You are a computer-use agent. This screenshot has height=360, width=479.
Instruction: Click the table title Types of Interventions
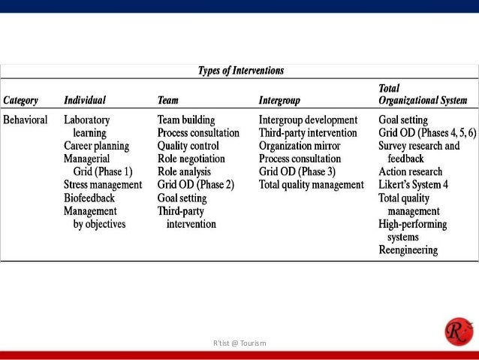pyautogui.click(x=240, y=71)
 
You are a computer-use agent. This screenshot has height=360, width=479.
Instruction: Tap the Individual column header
pyautogui.click(x=84, y=100)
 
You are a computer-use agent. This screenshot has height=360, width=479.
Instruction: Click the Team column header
pyautogui.click(x=167, y=100)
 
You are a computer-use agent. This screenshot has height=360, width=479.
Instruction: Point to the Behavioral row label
pyautogui.click(x=26, y=119)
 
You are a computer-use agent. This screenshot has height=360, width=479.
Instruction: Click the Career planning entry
pyautogui.click(x=96, y=146)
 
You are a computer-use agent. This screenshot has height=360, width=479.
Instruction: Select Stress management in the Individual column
pyautogui.click(x=102, y=185)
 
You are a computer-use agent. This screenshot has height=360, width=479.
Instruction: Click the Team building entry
pyautogui.click(x=186, y=119)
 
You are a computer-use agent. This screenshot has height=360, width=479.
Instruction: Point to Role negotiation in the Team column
pyautogui.click(x=191, y=159)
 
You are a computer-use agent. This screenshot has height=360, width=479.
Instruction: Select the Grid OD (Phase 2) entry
pyautogui.click(x=196, y=185)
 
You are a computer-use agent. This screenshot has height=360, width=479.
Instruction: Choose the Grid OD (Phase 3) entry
pyautogui.click(x=297, y=171)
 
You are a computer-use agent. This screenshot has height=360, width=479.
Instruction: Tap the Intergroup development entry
pyautogui.click(x=308, y=119)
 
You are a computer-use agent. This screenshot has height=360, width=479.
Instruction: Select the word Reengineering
pyautogui.click(x=408, y=250)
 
